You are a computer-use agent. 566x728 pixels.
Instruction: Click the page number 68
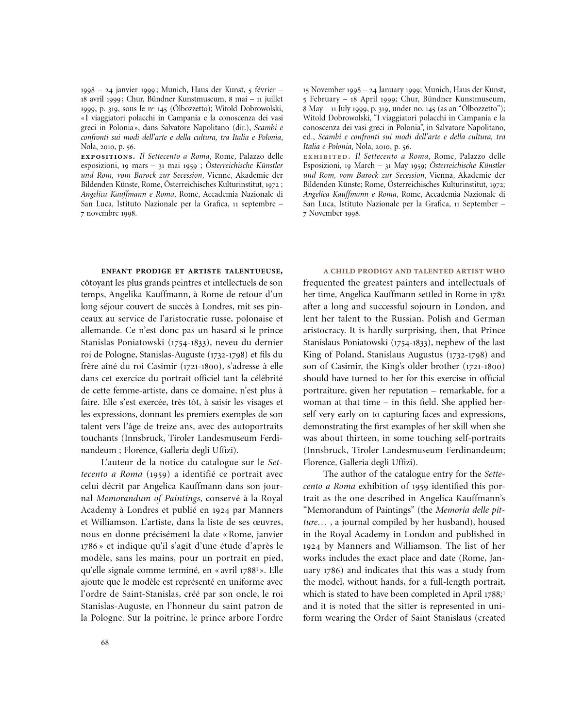click(x=105, y=643)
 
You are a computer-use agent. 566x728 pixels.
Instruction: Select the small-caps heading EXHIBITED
click(x=327, y=156)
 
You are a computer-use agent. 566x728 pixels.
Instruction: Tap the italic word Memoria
click(x=453, y=510)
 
